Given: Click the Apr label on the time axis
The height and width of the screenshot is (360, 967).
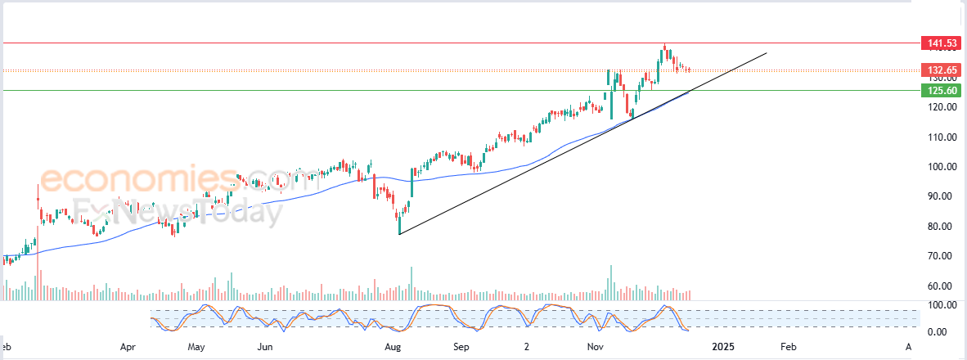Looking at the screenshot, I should pyautogui.click(x=128, y=347).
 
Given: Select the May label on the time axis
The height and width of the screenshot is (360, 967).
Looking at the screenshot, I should pyautogui.click(x=196, y=347).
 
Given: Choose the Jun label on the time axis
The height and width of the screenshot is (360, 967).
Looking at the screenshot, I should pyautogui.click(x=264, y=347).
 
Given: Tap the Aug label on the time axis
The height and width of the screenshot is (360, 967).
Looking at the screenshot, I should pyautogui.click(x=394, y=347).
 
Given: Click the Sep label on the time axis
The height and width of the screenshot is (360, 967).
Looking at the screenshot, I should pyautogui.click(x=461, y=347).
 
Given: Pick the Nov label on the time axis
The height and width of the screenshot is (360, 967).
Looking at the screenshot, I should pyautogui.click(x=596, y=347).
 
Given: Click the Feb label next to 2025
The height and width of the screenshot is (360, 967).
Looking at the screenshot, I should pyautogui.click(x=787, y=347).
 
